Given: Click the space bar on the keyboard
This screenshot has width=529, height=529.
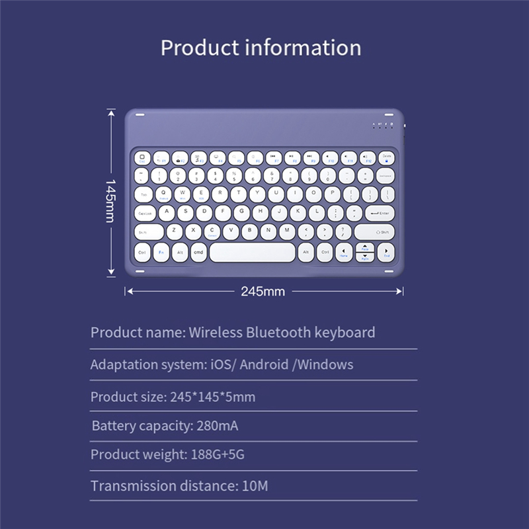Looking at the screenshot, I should [253, 252].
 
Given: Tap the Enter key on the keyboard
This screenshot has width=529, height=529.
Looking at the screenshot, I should [379, 213].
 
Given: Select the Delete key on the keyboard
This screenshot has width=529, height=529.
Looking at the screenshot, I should [387, 157].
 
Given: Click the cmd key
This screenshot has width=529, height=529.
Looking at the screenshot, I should [198, 252].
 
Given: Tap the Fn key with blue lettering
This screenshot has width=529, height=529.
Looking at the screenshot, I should [161, 252].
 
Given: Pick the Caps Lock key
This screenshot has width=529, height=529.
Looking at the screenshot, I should [145, 213].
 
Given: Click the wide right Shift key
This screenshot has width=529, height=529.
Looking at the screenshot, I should [374, 232].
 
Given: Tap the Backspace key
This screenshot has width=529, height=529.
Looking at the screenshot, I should [386, 175].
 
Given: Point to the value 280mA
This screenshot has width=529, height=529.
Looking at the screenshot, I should [218, 425].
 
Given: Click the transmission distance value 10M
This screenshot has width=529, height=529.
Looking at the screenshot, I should [255, 486].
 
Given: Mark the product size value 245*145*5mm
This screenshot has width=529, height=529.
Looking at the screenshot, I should [212, 397].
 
